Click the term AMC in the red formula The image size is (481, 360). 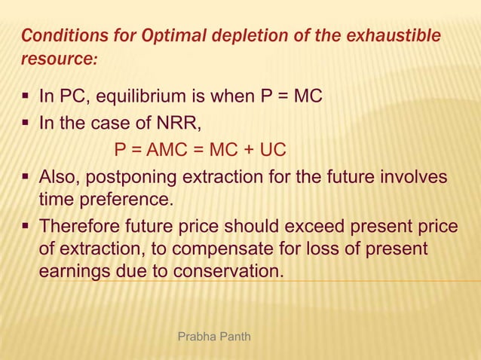coord(170,150)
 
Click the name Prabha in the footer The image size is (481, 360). coord(194,334)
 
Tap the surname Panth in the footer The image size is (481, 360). coord(232,334)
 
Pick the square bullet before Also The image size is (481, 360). coord(28,177)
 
